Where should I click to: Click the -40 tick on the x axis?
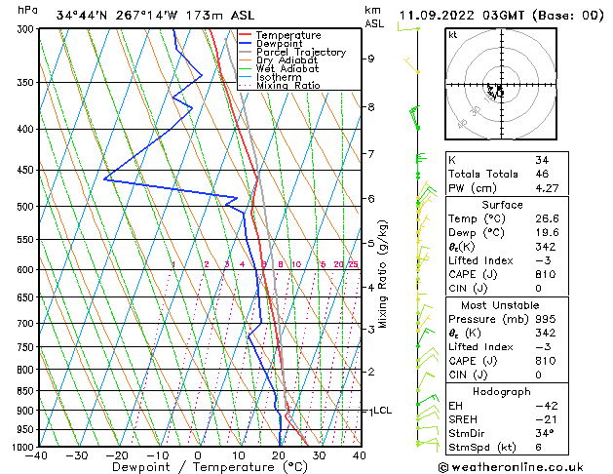click(38, 455)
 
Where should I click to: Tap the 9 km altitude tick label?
click(370, 59)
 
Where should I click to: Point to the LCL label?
click(382, 411)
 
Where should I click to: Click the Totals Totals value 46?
click(542, 175)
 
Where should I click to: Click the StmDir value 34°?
click(544, 433)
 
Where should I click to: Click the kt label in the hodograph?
click(453, 35)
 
